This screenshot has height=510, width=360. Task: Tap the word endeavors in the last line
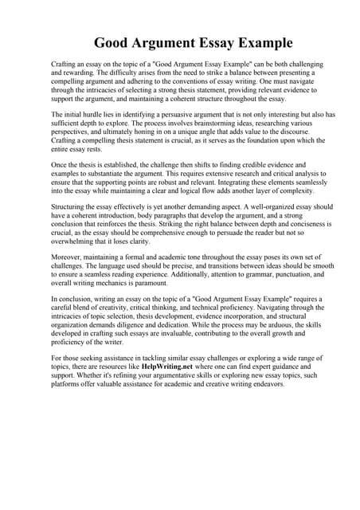tap(263, 383)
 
